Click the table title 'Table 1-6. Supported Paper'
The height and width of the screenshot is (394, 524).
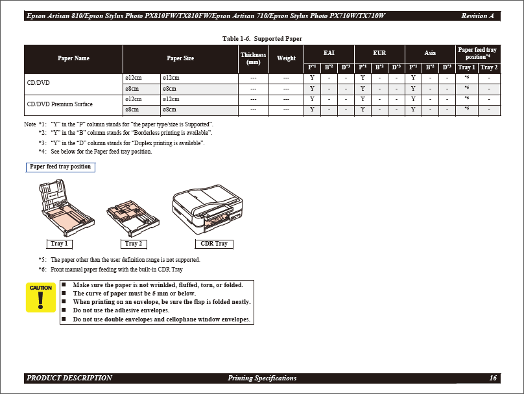point(262,39)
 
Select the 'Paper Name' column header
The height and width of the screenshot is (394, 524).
point(73,58)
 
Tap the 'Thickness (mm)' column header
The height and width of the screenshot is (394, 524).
point(253,58)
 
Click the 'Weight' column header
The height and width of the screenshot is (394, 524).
point(286,58)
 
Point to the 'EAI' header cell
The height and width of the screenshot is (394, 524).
point(329,53)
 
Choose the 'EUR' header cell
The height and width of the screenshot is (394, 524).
point(379,53)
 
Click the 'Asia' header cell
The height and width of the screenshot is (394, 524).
point(430,53)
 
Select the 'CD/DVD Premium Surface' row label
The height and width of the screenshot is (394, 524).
point(60,104)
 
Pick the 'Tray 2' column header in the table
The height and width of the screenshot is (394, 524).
point(488,67)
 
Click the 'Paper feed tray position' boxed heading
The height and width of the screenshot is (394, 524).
point(60,167)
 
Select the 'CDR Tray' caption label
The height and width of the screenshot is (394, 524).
point(214,244)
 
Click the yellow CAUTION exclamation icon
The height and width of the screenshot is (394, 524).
point(40,297)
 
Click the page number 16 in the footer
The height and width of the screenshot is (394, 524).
point(494,378)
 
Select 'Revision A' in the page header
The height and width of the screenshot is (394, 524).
point(477,16)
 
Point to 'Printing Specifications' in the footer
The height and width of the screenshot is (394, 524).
point(262,378)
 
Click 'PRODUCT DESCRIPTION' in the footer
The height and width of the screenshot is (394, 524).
point(69,378)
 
